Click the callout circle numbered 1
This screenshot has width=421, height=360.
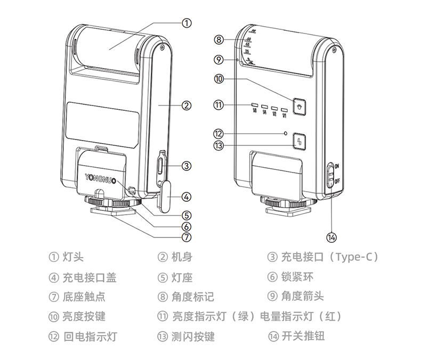coord(187,23)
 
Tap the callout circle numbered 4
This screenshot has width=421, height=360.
coord(187,197)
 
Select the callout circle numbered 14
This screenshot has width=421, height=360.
coord(332,236)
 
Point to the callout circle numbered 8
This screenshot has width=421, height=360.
coord(218,39)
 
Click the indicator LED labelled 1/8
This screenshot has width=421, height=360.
coord(255,105)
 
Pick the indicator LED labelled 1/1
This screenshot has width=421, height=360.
coord(285,109)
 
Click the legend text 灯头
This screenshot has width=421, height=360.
coord(73,257)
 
